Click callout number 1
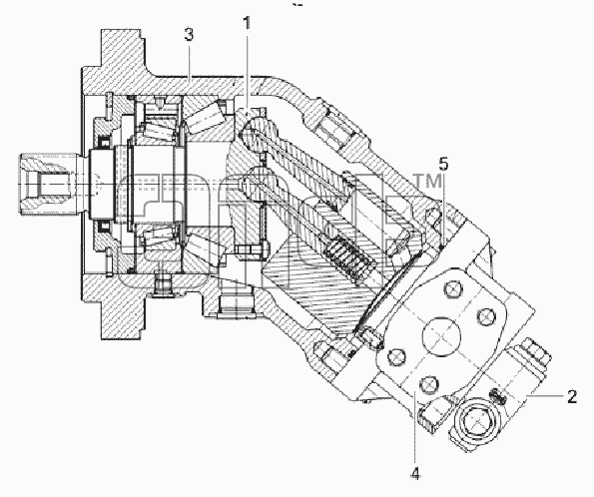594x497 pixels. [247, 24]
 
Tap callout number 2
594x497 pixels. [572, 396]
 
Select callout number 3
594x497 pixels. [189, 35]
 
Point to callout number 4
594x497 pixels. [415, 473]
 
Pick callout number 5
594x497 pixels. [443, 164]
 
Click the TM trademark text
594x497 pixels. [427, 181]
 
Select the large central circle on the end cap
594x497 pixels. [440, 335]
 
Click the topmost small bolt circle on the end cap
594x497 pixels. [453, 289]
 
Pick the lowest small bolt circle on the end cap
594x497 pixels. [429, 384]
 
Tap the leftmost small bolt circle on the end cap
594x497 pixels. [396, 356]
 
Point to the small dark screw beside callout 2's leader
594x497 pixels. [497, 395]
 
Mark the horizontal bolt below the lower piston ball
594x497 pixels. [252, 250]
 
